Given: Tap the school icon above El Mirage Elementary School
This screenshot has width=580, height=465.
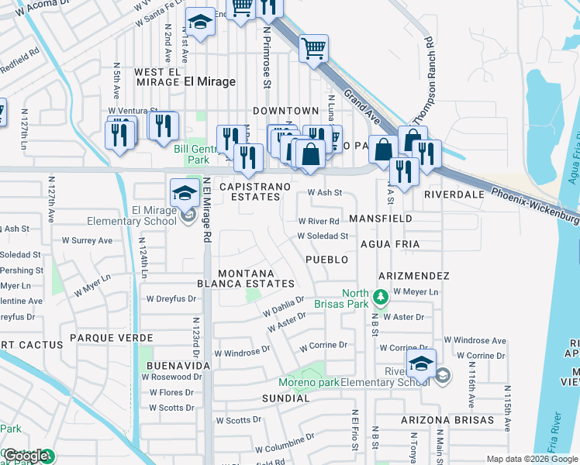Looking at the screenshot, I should pos(184,192).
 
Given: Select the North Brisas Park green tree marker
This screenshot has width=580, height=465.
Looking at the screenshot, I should pos(380,296).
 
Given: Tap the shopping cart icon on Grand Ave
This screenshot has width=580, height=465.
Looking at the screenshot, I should pos(314,48).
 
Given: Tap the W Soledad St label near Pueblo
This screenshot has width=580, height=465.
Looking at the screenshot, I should pos(323,236).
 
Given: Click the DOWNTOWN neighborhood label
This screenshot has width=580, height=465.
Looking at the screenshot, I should pos(285,111).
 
